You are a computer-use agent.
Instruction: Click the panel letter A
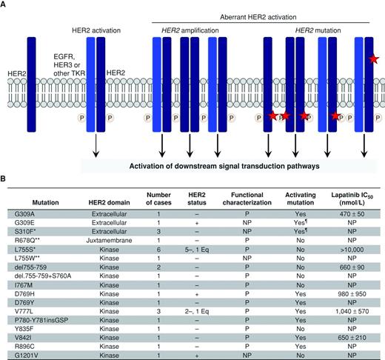[x=5, y=5]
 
